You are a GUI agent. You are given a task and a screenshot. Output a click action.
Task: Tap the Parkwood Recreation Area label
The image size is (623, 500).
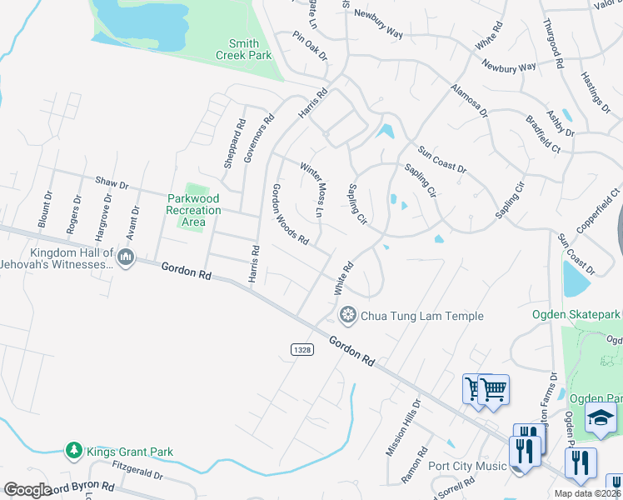pyautogui.click(x=193, y=210)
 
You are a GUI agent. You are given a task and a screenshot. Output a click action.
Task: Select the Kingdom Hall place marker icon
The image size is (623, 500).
pyautogui.click(x=126, y=257)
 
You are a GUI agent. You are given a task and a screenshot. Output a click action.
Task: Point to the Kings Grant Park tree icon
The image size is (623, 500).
pyautogui.click(x=73, y=451)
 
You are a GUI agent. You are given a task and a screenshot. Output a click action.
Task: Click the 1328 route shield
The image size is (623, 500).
pyautogui.click(x=302, y=350)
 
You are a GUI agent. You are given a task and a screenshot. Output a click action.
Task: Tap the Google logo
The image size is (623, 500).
pyautogui.click(x=27, y=489)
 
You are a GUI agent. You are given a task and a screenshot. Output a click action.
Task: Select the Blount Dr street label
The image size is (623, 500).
pyautogui.click(x=47, y=212)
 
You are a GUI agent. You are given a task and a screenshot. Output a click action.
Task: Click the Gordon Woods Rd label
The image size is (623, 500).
pyautogui.click(x=290, y=215)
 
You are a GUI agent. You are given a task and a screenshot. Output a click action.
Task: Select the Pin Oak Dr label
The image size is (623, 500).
pyautogui.click(x=310, y=46)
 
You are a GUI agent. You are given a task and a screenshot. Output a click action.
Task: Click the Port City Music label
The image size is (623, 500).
pyautogui.click(x=467, y=466)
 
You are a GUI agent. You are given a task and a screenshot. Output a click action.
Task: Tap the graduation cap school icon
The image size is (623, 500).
pyautogui.click(x=600, y=417)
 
